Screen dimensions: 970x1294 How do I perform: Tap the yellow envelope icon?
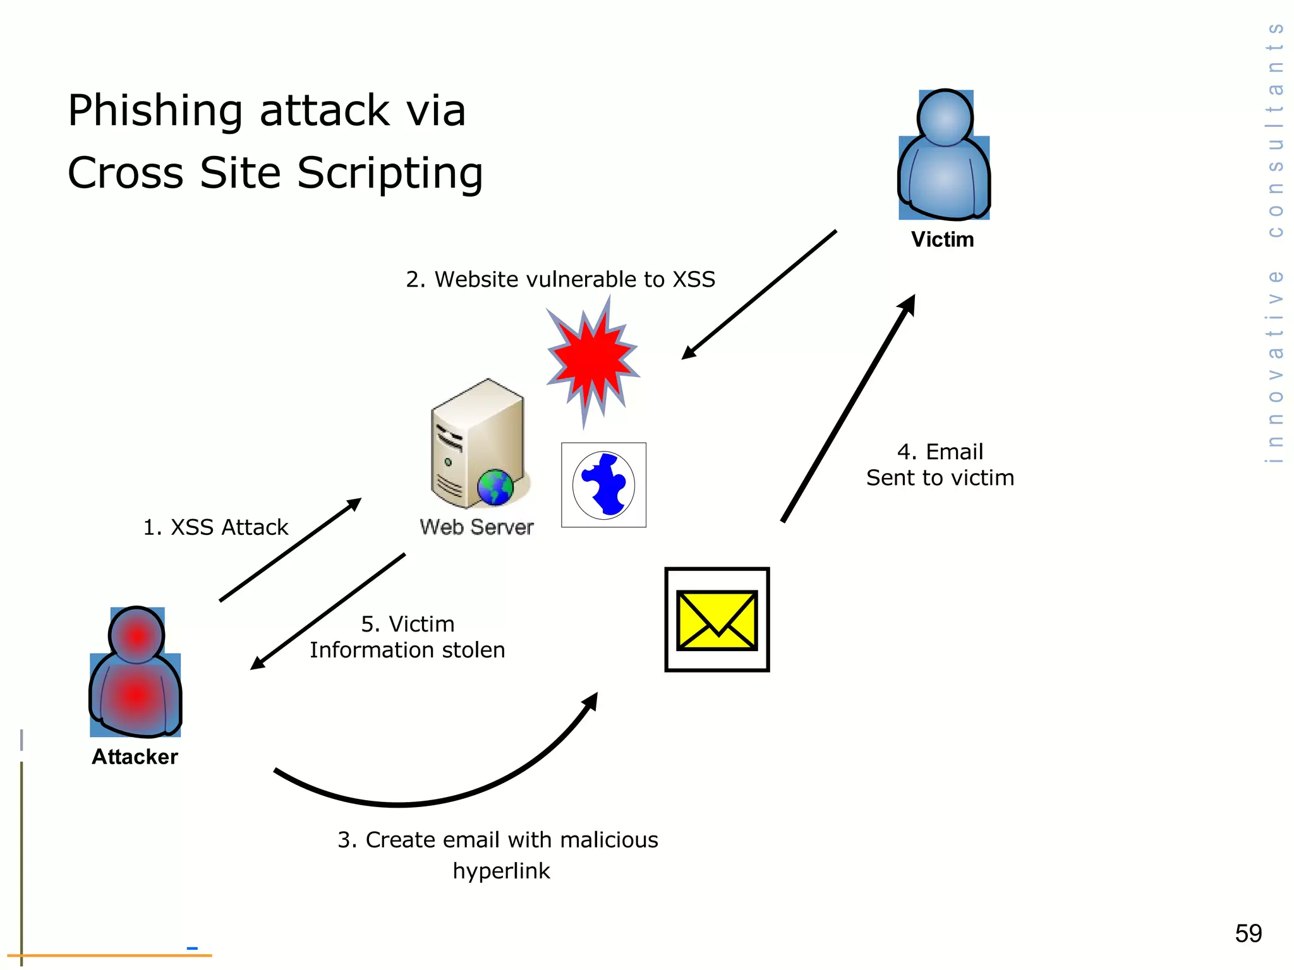coord(717,620)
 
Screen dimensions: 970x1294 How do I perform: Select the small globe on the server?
coord(495,487)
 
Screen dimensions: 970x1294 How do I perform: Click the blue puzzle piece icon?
coord(604,484)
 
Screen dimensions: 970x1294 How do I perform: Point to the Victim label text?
coord(942,240)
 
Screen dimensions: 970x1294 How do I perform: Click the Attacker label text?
coord(135,757)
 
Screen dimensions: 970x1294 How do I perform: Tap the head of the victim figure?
coord(945,118)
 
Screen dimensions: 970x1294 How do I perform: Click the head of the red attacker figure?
coord(136,635)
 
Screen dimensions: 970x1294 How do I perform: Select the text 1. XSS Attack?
coord(215,527)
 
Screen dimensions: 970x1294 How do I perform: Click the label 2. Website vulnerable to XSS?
coord(560,279)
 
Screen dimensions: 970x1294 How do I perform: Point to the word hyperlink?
coord(501,871)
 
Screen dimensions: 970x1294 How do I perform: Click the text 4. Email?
coord(940,452)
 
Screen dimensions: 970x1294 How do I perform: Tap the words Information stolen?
coord(407,650)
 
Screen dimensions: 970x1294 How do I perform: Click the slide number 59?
coord(1248,933)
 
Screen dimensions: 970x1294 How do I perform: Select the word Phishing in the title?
coord(155,111)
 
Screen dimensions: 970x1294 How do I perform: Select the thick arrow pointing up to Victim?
coord(847,410)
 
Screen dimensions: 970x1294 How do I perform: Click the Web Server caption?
coord(476,527)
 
